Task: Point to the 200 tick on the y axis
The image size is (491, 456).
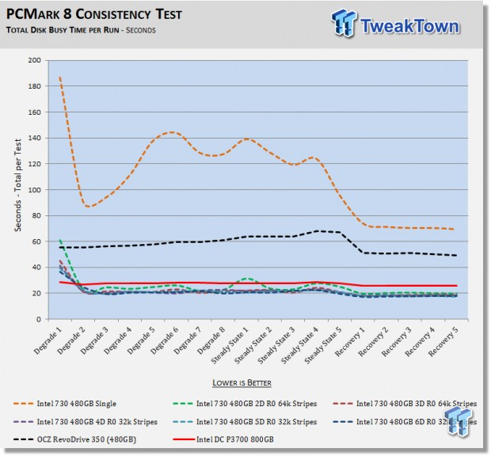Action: pyautogui.click(x=36, y=60)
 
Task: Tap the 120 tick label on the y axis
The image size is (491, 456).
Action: pyautogui.click(x=36, y=164)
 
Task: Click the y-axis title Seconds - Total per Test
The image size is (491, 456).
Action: pyautogui.click(x=17, y=190)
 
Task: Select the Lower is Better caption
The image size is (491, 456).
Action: pyautogui.click(x=245, y=383)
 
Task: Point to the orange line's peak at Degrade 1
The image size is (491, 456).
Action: pyautogui.click(x=60, y=78)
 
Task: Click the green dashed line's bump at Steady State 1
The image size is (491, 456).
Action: pyautogui.click(x=247, y=279)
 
